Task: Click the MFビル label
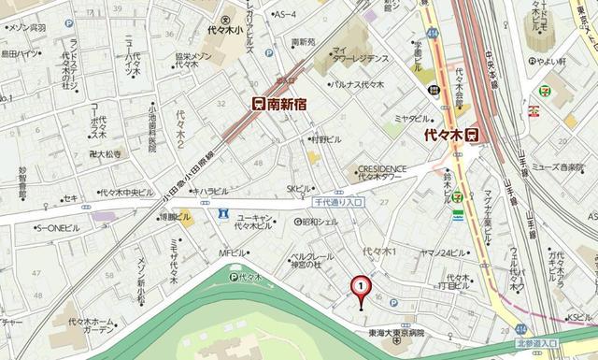pyautogui.click(x=232, y=252)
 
